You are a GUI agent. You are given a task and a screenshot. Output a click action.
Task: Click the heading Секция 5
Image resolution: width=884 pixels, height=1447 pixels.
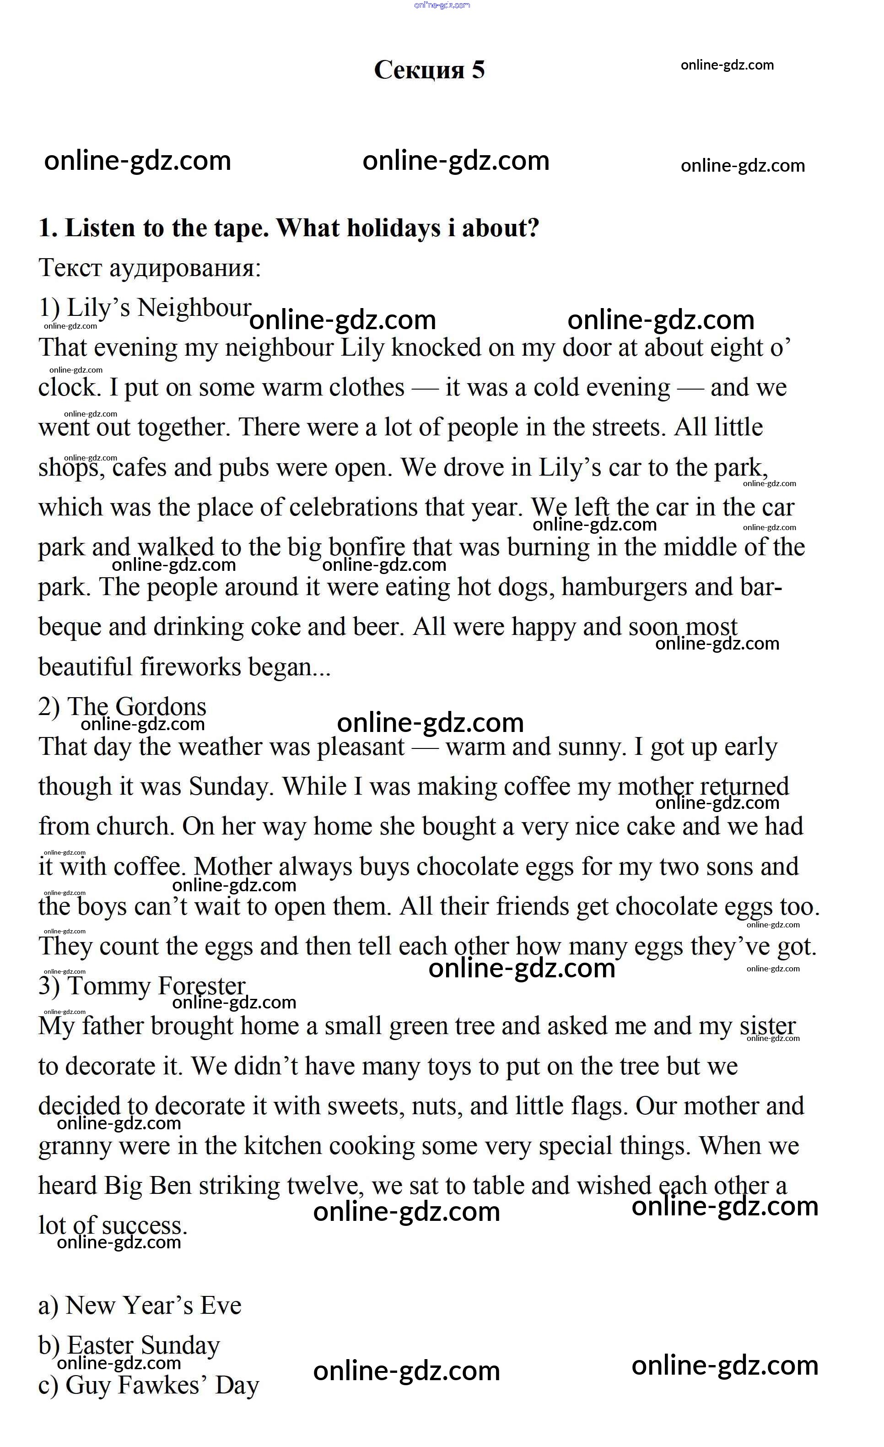429,70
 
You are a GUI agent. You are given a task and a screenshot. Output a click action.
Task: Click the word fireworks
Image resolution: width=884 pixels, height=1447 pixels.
190,667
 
